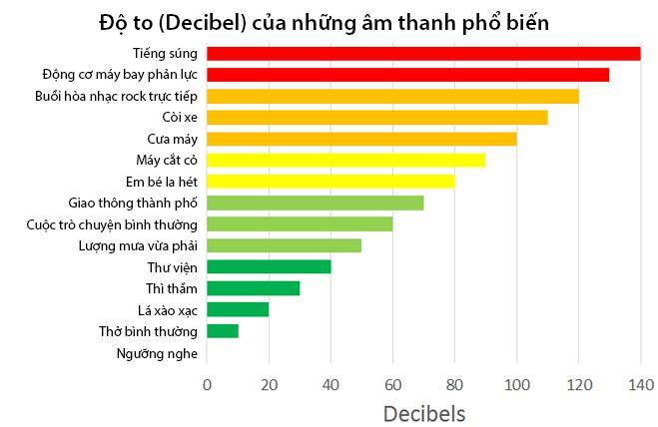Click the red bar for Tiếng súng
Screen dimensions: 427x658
pos(423,54)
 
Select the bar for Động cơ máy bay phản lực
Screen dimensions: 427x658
pos(407,75)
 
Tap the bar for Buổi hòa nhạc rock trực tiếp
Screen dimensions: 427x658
pos(392,97)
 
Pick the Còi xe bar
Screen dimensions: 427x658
pos(377,118)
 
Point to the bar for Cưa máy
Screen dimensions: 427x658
pos(361,139)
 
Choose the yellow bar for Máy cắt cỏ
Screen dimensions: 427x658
pos(345,161)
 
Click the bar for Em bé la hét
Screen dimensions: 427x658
pos(330,182)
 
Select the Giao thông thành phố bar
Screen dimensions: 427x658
pos(315,204)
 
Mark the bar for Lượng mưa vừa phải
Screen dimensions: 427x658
pos(284,245)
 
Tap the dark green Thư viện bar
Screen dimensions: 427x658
pos(269,267)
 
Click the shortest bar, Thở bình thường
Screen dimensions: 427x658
pos(223,330)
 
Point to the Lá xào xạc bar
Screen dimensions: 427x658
pos(238,309)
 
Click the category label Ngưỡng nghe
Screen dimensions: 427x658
pos(157,352)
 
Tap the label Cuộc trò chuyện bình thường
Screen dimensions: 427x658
pos(112,224)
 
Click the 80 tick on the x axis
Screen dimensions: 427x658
pos(454,384)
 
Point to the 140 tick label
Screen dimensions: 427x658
pos(640,384)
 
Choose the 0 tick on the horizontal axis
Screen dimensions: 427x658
pos(208,384)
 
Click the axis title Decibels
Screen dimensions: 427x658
pos(423,411)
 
